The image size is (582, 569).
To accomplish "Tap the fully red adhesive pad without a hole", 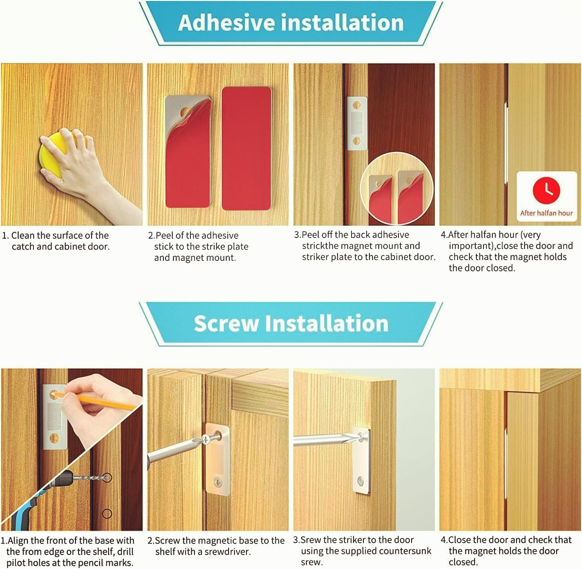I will pos(246,148).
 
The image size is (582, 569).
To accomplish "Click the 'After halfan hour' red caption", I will pos(546,213).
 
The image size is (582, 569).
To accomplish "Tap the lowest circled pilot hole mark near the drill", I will pos(107,514).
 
